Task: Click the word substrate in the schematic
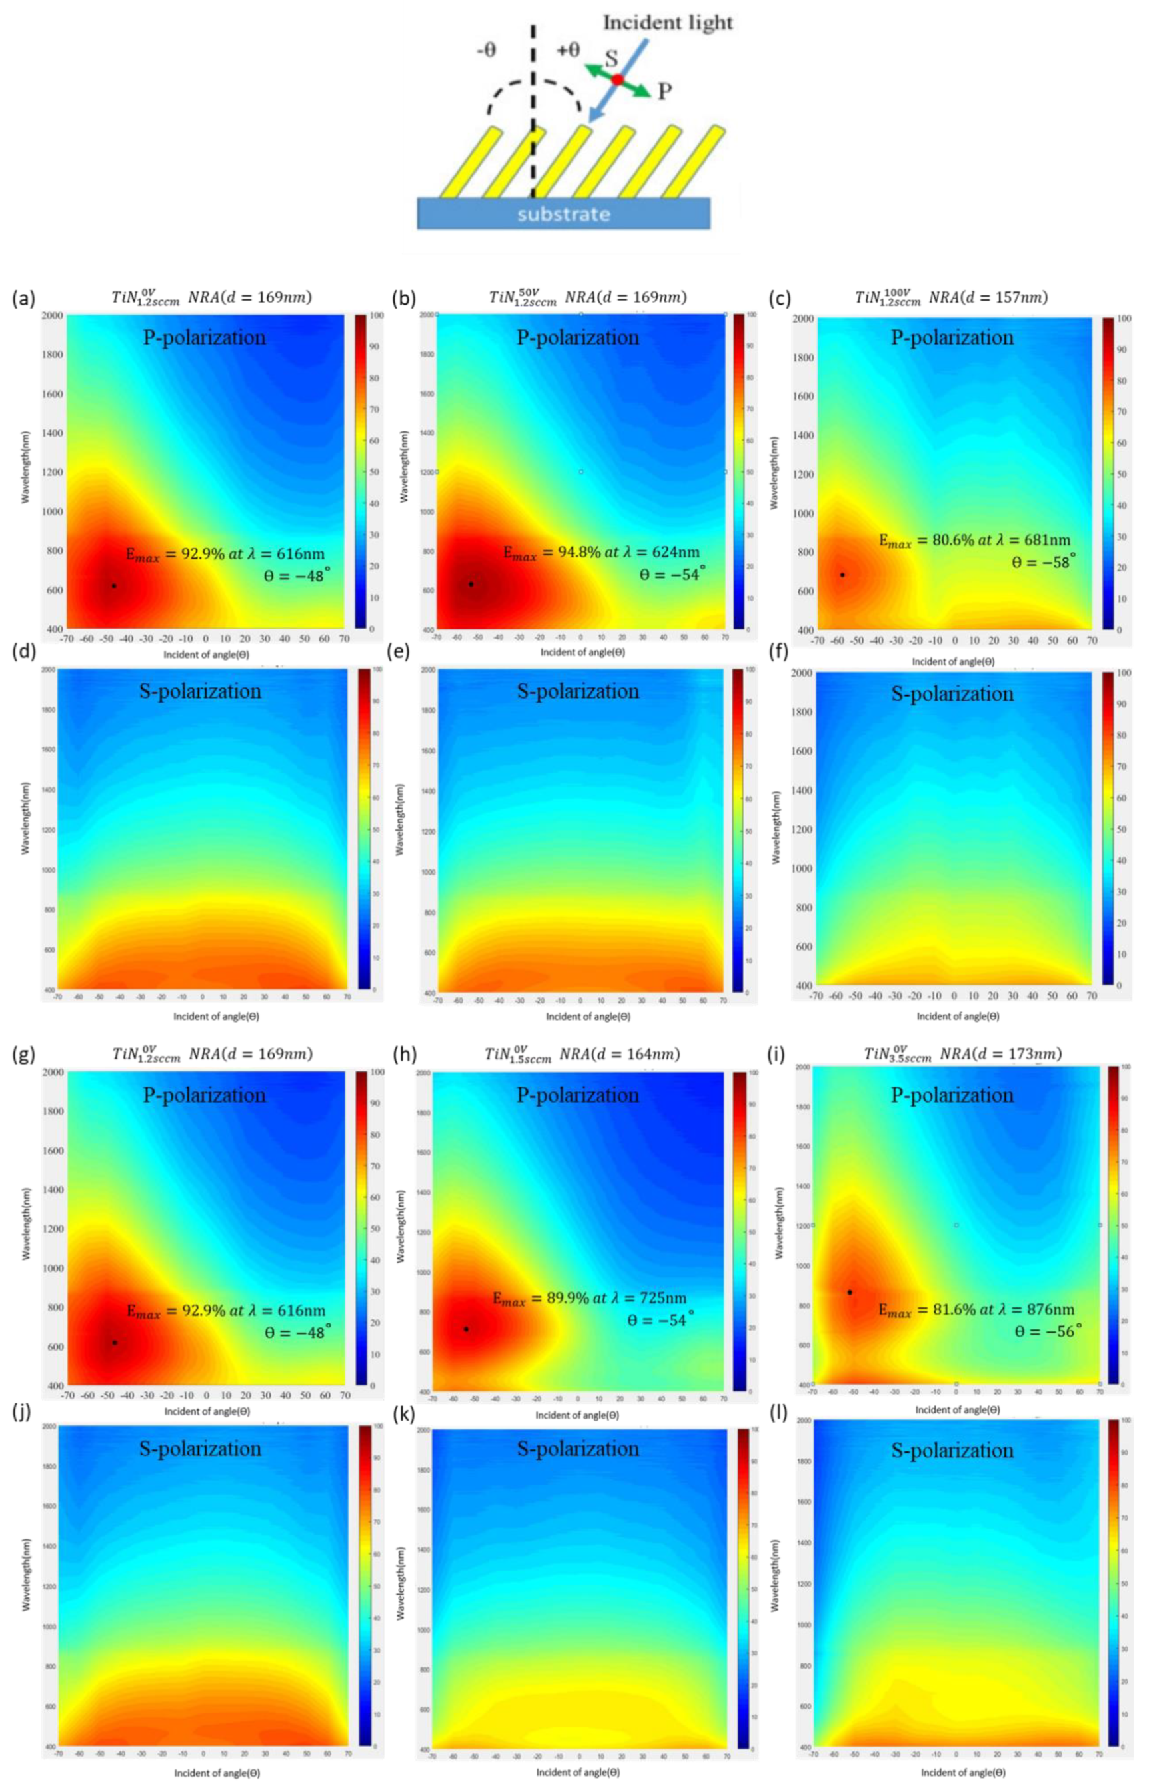click(563, 214)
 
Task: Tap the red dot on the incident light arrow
click(618, 79)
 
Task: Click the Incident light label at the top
click(668, 23)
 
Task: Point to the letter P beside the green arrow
click(664, 91)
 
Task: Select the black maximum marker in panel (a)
click(113, 586)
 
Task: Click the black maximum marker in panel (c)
click(842, 575)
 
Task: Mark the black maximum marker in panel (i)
click(850, 1292)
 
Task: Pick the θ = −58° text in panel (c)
click(1043, 562)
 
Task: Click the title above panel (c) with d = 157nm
click(950, 297)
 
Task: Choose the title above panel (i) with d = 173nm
click(962, 1054)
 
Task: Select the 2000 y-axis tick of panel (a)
click(51, 315)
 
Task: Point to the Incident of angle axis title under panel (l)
click(962, 1772)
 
